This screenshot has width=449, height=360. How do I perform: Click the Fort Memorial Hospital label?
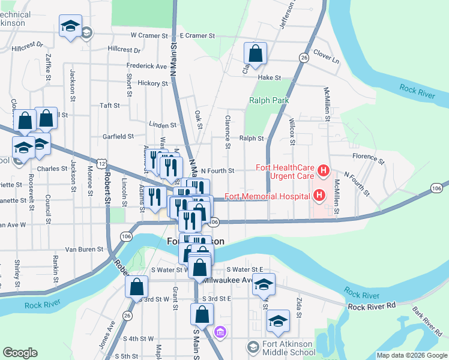pos(267,196)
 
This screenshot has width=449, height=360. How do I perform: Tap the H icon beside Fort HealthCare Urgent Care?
pos(324,172)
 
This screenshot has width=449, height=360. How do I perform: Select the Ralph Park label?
pos(265,101)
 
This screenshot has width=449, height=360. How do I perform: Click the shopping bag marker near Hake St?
pos(255,53)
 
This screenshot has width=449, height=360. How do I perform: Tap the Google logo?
pos(19,353)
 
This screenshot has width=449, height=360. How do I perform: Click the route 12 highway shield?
pos(104,163)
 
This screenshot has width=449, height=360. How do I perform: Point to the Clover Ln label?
pos(326,61)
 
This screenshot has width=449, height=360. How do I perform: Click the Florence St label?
pos(368,158)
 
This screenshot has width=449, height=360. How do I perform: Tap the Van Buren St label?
pos(85,249)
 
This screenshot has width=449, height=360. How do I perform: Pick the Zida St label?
pos(298,304)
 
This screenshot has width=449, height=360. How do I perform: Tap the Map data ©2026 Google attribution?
pos(412,355)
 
